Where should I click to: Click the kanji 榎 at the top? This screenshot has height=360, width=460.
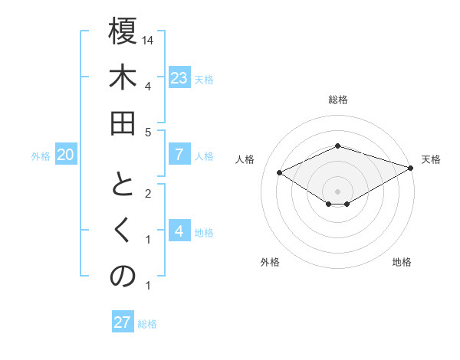click(x=123, y=33)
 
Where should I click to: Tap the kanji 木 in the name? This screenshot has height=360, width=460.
click(x=123, y=79)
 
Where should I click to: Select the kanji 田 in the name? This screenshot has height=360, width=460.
click(x=123, y=126)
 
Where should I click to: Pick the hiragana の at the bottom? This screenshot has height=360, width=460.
click(x=123, y=277)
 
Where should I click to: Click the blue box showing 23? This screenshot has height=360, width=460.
click(x=179, y=78)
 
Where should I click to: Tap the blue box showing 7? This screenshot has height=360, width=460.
click(x=179, y=155)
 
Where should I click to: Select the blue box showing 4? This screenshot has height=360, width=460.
click(x=179, y=231)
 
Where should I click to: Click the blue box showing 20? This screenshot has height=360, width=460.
click(x=65, y=155)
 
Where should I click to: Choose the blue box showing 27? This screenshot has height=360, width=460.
click(x=122, y=322)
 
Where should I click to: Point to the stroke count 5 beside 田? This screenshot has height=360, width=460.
click(x=148, y=131)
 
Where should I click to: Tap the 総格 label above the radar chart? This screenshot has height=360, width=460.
click(x=337, y=100)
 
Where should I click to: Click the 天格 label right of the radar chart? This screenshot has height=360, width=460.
click(x=431, y=159)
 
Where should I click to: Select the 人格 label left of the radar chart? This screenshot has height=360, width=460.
click(x=245, y=159)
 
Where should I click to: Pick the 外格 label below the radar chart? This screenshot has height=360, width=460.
click(x=270, y=262)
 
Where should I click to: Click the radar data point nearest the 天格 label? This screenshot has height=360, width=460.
click(x=412, y=168)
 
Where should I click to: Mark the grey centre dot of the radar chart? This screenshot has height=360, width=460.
click(x=337, y=191)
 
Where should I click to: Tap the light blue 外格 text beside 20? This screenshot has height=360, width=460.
click(x=41, y=156)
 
